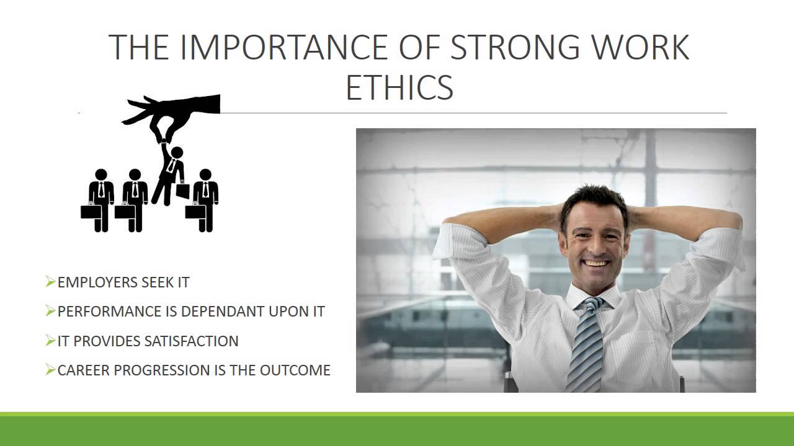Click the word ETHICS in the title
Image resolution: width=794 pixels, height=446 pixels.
(399, 87)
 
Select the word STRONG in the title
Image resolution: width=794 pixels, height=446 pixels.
(515, 47)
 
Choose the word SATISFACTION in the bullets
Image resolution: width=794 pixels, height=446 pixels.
(192, 341)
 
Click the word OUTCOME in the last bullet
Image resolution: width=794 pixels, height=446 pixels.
(295, 370)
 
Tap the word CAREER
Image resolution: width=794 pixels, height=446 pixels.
(83, 370)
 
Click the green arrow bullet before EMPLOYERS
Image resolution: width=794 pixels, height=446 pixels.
(50, 282)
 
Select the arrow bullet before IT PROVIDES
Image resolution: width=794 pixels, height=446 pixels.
(50, 341)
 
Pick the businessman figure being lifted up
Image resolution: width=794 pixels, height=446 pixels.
(170, 173)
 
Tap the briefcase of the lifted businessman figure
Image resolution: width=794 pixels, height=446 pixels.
(182, 191)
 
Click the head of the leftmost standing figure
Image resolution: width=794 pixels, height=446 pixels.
(101, 174)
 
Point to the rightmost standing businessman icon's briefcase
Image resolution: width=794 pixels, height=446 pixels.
(194, 212)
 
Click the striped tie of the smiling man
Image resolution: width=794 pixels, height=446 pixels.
(586, 345)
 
